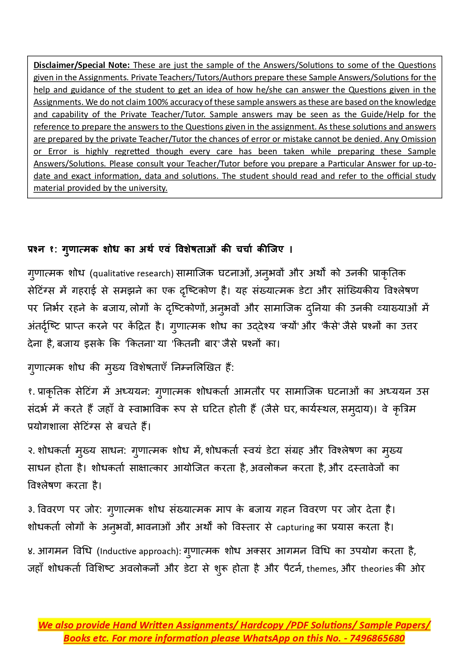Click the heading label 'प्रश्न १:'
[42, 249]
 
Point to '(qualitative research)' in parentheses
[132, 273]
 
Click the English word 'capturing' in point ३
[295, 527]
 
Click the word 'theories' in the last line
[377, 569]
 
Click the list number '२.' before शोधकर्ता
[31, 451]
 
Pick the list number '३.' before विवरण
[31, 510]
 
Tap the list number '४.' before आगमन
[31, 551]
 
